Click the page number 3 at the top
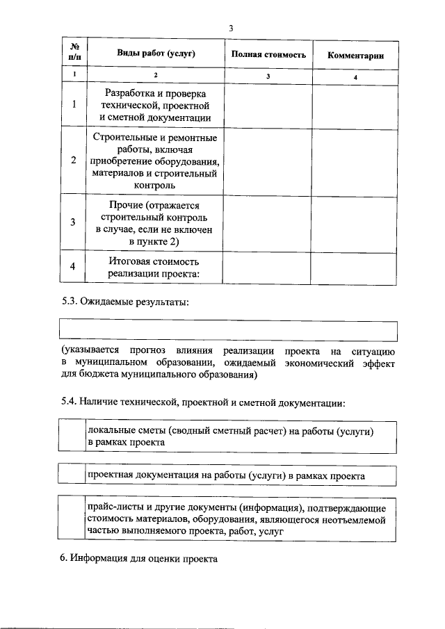[230, 28]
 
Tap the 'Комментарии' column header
[355, 55]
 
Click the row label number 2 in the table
[74, 161]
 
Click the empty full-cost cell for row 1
[268, 105]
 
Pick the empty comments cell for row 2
[355, 161]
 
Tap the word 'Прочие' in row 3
[127, 205]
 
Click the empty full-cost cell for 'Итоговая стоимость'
[268, 268]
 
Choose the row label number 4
[74, 268]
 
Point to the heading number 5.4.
[70, 402]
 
